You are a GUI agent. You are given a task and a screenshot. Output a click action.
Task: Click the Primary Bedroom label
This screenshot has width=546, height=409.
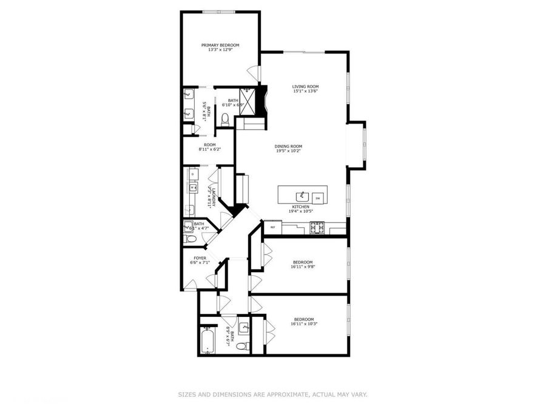tap(220, 45)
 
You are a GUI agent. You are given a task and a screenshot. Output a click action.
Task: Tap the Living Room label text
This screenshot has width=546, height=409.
tap(305, 87)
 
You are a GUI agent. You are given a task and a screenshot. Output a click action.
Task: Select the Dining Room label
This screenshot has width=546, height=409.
tap(288, 146)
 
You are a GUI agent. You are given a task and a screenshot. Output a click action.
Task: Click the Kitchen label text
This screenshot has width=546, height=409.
tap(301, 207)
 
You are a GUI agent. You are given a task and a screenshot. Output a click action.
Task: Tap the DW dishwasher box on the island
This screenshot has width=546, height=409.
tap(317, 198)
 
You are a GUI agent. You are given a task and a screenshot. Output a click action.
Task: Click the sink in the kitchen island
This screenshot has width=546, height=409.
tap(301, 196)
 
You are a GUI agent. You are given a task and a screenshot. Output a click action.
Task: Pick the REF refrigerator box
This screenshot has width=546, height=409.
tap(273, 227)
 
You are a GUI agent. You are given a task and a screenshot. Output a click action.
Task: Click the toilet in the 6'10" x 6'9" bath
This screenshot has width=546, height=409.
tap(225, 119)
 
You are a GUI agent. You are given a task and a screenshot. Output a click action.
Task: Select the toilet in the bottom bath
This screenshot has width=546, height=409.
tap(242, 347)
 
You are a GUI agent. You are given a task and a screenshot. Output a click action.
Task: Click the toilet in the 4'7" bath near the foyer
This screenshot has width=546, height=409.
tap(190, 239)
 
